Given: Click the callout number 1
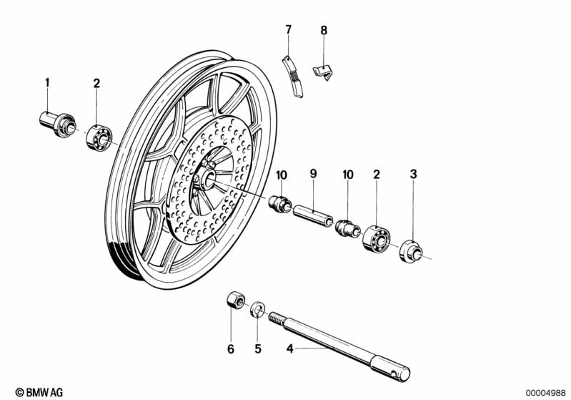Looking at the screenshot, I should tap(48, 83).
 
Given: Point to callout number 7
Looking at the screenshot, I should tap(289, 29).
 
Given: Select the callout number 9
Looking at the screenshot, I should tap(312, 173).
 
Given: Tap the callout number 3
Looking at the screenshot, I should tap(412, 173).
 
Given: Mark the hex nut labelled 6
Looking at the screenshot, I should tap(233, 301).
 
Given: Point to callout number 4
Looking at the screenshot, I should tap(289, 349).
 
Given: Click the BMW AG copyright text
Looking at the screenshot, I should tap(40, 392).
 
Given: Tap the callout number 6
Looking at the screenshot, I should tap(230, 349).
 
